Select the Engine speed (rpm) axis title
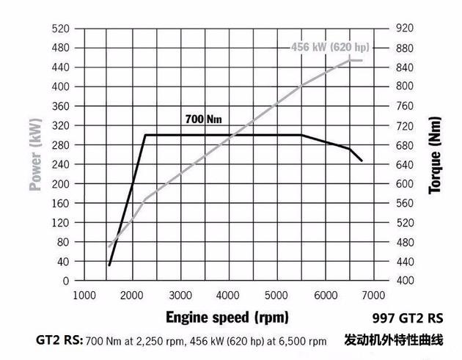(227, 317)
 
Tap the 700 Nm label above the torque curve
(204, 119)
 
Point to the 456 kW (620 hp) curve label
(330, 48)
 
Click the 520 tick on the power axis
(61, 28)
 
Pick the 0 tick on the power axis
(65, 281)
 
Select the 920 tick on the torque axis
(406, 28)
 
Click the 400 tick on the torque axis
(406, 281)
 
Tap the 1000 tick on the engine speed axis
(84, 295)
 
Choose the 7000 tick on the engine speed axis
(374, 295)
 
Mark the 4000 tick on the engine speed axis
(229, 295)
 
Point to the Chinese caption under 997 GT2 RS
(394, 340)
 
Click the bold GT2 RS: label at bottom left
(59, 340)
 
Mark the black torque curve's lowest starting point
(109, 265)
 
